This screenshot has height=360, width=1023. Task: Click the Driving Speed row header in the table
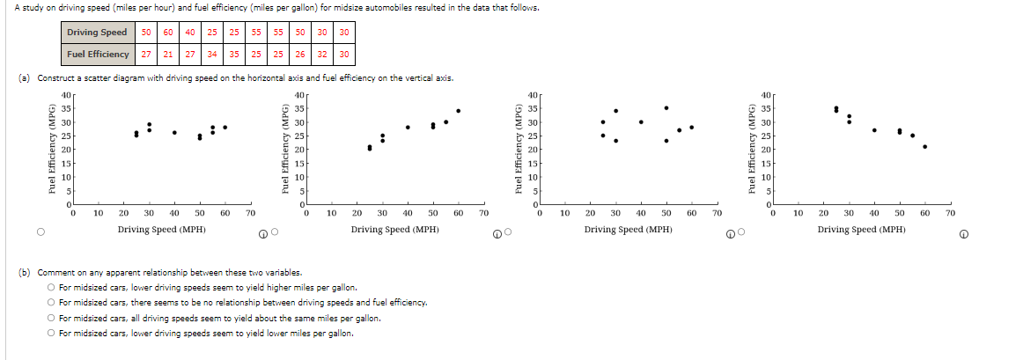pos(97,33)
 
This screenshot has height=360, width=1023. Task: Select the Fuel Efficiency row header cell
pos(97,54)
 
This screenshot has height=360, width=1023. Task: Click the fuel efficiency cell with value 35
pos(234,54)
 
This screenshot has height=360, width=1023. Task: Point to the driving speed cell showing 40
pos(190,33)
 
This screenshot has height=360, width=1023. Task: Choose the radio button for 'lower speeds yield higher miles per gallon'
pos(53,288)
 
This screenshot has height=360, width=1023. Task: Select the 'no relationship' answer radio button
pos(53,303)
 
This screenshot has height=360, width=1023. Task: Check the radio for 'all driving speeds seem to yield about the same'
pos(53,318)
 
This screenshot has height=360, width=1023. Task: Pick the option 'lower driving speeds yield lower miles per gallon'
pos(53,334)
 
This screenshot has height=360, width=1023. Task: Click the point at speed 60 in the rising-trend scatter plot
pos(459,111)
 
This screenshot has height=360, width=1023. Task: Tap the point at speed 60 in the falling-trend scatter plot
pos(924,146)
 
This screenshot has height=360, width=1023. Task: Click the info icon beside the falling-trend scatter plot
pos(965,233)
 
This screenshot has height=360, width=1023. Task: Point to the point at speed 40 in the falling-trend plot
pos(874,129)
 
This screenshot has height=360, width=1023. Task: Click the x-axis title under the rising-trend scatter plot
pos(394,230)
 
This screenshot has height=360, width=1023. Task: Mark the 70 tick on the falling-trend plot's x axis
pos(950,213)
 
